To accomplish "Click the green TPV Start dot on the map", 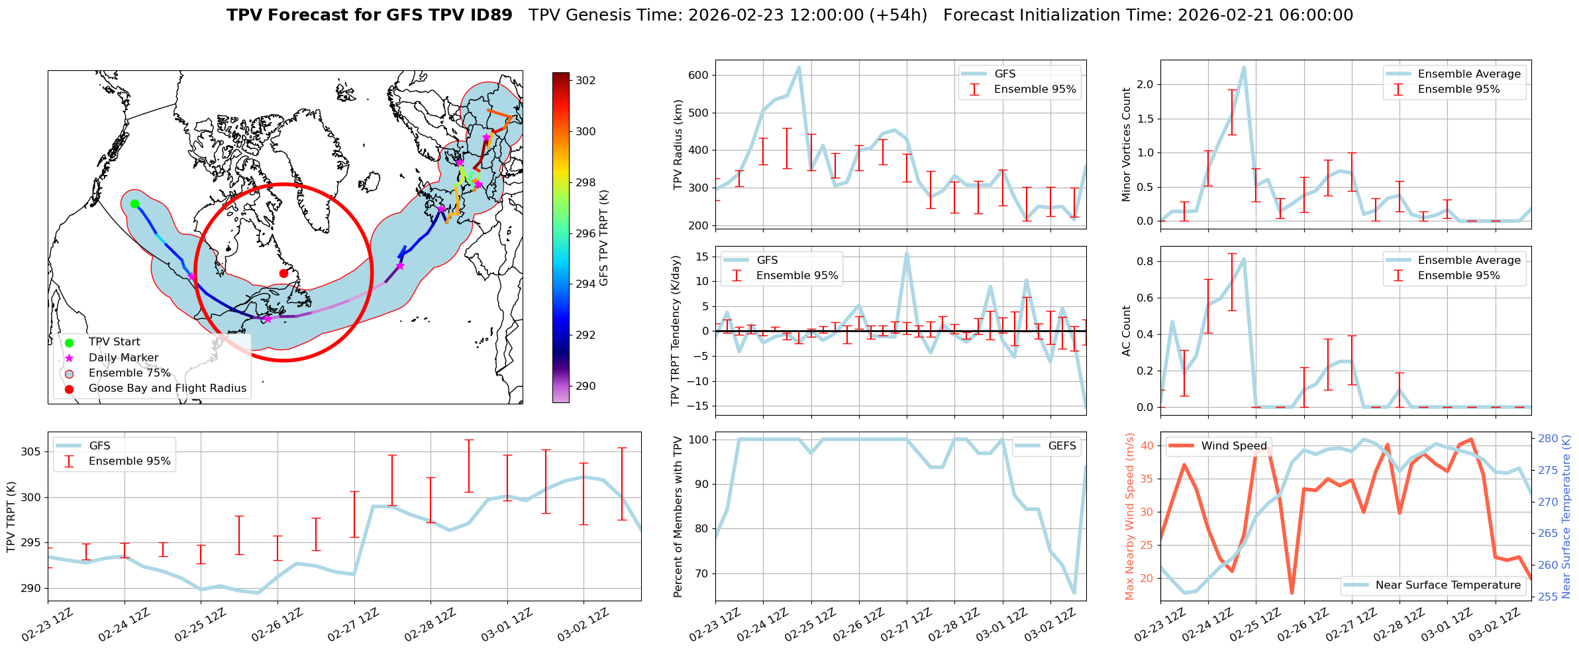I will [x=134, y=204].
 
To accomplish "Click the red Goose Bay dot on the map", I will [x=283, y=273].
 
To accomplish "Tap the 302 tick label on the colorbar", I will [x=586, y=81].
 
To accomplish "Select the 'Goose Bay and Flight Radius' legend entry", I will [x=167, y=388].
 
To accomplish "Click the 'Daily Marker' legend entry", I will [x=123, y=358].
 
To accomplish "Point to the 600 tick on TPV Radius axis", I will [x=700, y=76].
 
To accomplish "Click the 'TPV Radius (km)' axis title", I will [x=678, y=145].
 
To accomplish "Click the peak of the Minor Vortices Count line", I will [x=1244, y=67].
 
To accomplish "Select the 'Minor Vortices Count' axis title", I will [x=1126, y=145].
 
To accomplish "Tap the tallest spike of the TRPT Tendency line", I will [x=907, y=253].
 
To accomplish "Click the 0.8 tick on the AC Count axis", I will [x=1145, y=261].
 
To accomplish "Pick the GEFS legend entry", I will [x=1062, y=446].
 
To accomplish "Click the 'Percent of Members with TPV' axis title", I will [x=678, y=516].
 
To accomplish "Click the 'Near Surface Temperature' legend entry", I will [x=1448, y=585].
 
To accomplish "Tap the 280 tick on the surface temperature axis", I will [x=1548, y=438].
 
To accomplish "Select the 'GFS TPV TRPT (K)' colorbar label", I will [x=603, y=238].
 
